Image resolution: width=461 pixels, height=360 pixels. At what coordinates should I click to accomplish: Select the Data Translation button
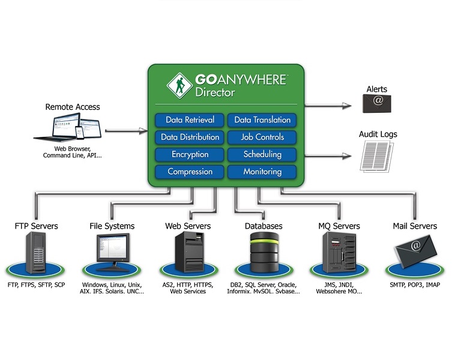click(x=262, y=120)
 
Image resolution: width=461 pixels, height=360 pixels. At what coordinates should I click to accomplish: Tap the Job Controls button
click(x=262, y=137)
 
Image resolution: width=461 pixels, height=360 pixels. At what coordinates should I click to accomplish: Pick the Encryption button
click(x=190, y=155)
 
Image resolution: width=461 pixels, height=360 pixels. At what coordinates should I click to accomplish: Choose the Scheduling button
click(x=262, y=155)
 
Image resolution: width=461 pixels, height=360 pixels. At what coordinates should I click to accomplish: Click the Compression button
click(x=190, y=172)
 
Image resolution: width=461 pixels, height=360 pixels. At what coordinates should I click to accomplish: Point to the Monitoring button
click(x=262, y=172)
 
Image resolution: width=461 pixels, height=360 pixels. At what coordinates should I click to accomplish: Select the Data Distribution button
click(x=190, y=137)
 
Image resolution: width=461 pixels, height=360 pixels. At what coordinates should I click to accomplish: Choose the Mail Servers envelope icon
click(x=414, y=251)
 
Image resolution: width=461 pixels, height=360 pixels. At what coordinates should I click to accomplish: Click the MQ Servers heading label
click(x=339, y=226)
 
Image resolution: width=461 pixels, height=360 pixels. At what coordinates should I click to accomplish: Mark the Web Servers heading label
click(x=188, y=226)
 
